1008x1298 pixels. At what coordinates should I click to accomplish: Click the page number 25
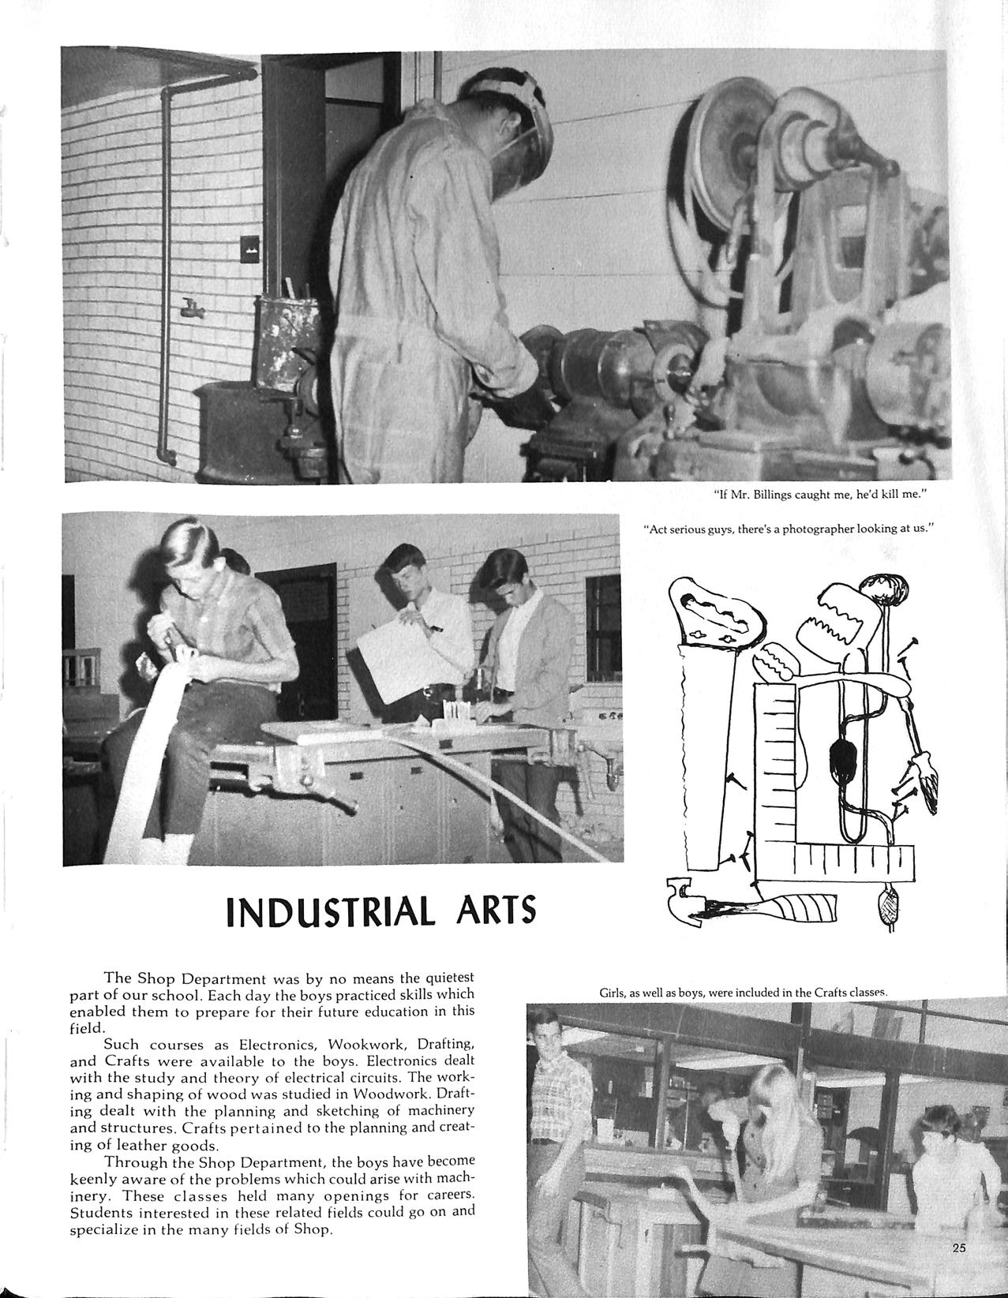[959, 1248]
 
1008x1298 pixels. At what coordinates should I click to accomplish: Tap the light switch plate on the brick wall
[249, 249]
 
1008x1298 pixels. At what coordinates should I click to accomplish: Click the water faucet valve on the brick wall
[190, 309]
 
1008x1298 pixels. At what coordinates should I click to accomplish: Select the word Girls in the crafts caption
[613, 992]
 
